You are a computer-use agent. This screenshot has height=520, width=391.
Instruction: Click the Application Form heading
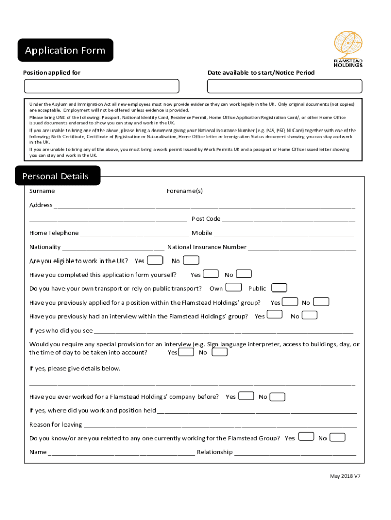[65, 50]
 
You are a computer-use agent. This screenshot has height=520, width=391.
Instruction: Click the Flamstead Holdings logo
[348, 49]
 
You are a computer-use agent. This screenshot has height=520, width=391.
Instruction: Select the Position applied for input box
[101, 86]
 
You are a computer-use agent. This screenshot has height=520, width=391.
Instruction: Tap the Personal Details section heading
[56, 176]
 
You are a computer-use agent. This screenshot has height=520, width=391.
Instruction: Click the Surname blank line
[110, 191]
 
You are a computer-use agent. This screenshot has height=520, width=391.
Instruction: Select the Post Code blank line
[288, 219]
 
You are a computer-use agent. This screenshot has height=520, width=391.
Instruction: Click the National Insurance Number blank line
[302, 247]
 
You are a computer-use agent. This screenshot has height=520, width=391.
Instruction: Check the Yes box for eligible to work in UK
[155, 261]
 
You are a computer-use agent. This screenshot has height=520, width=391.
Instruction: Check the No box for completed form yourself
[244, 274]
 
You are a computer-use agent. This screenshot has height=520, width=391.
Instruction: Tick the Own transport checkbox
[233, 288]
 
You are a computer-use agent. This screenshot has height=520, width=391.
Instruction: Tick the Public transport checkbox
[279, 288]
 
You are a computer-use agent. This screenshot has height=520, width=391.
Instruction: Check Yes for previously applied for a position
[290, 302]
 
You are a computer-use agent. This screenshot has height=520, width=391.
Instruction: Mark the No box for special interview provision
[219, 352]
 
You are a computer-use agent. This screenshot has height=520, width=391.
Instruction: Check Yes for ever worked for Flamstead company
[246, 396]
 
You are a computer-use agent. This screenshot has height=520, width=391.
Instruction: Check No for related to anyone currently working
[337, 437]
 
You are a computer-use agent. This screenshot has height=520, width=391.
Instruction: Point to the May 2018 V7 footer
[345, 476]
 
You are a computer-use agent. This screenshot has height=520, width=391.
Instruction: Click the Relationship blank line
[295, 452]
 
